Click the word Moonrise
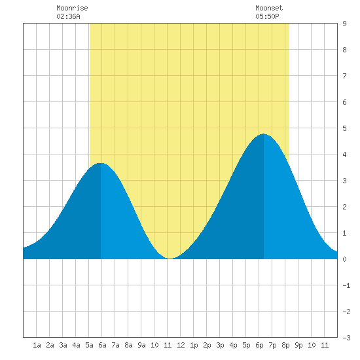click(72, 8)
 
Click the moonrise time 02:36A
click(68, 16)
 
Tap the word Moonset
click(269, 8)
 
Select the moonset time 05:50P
click(267, 16)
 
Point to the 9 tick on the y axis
click(344, 24)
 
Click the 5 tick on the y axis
click(344, 128)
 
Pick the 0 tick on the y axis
click(344, 259)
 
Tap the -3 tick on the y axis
click(346, 338)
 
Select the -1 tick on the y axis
click(346, 285)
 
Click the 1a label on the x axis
click(37, 345)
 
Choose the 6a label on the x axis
click(102, 345)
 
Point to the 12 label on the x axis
click(181, 345)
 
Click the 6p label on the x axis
click(259, 345)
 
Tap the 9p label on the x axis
click(298, 345)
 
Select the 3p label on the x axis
click(220, 345)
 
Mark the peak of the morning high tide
click(101, 163)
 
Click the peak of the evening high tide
click(264, 134)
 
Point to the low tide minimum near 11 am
click(170, 259)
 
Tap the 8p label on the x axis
click(285, 345)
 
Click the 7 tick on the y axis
click(344, 76)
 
